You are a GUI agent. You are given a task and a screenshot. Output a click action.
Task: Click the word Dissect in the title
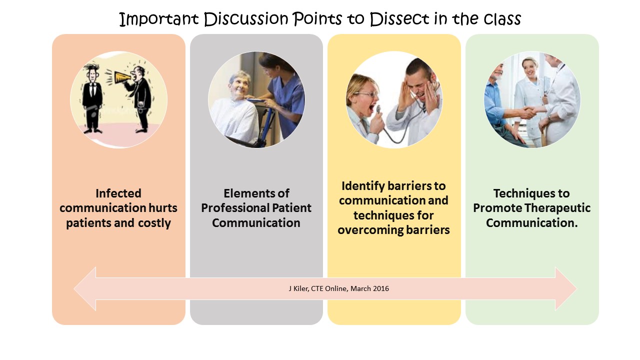[399, 19]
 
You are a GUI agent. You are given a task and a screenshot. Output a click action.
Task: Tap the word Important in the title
[159, 19]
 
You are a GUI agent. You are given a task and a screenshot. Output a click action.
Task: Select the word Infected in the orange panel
[118, 193]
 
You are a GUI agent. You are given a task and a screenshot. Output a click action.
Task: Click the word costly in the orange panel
[154, 223]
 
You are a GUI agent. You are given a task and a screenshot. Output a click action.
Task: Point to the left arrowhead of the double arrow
[85, 288]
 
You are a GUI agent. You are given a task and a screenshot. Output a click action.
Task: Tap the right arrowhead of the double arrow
[566, 288]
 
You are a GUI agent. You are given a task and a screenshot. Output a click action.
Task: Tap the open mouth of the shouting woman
[371, 108]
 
